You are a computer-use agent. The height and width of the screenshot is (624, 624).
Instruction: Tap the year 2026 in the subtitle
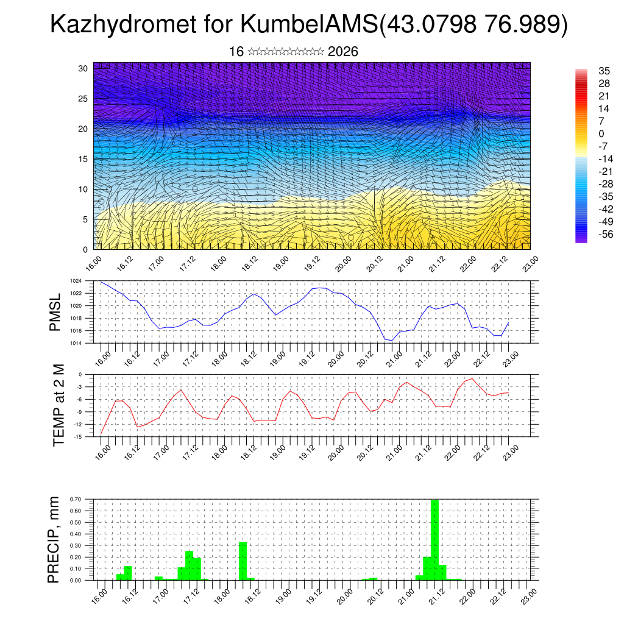click(343, 52)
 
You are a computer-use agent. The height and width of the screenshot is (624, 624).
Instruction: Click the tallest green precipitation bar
click(434, 539)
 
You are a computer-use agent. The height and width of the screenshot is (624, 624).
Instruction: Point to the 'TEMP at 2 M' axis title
click(58, 405)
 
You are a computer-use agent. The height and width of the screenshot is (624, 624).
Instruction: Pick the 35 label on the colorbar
click(604, 71)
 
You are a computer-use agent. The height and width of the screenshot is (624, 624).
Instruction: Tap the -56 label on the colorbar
click(604, 235)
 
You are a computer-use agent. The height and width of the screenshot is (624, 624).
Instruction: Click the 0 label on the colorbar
click(601, 133)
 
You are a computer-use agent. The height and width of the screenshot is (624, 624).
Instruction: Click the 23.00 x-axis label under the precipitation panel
click(530, 594)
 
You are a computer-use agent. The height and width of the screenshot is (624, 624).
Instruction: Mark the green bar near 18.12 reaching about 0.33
click(243, 561)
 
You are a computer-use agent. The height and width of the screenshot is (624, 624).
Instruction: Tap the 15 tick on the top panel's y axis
click(83, 159)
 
